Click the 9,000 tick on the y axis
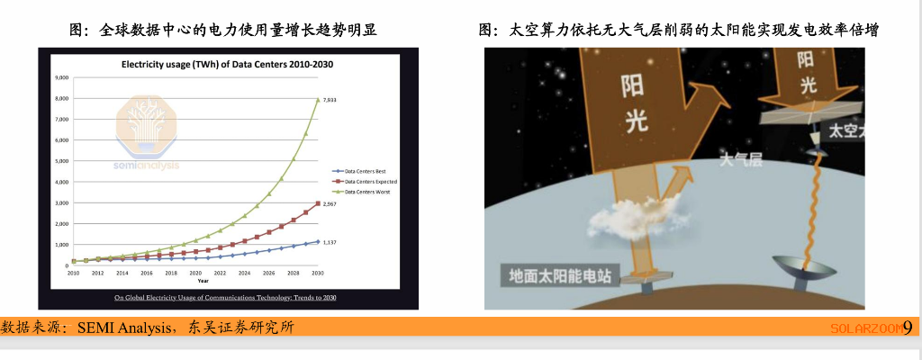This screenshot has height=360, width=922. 61,78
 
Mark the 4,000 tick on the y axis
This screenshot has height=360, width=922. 61,182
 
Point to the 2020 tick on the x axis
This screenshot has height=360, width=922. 195,272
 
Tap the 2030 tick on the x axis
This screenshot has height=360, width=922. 318,272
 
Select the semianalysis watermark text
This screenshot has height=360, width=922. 146,165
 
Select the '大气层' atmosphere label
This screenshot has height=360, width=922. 740,160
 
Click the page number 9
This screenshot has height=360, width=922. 908,328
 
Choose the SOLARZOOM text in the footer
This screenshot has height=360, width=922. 865,328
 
